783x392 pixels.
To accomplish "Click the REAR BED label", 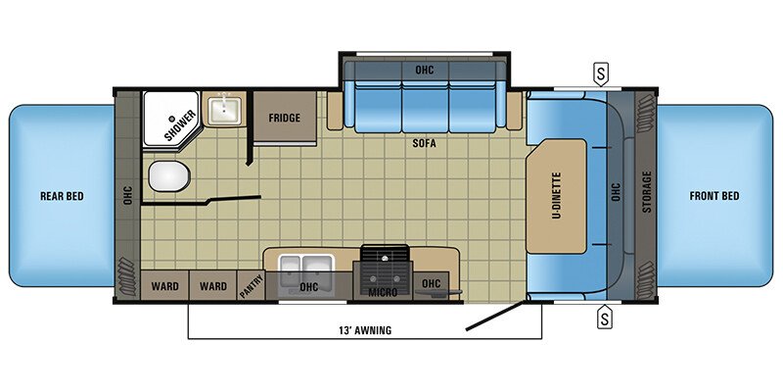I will [62, 196].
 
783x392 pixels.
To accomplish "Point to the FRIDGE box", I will [285, 118].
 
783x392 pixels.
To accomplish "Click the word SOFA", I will [424, 143].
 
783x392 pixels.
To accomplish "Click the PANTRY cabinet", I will [250, 287].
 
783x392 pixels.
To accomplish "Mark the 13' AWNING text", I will [362, 330].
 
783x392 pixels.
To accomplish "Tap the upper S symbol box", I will [605, 73].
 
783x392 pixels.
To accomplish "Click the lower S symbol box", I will [605, 317].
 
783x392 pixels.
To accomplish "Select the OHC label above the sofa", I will [423, 70].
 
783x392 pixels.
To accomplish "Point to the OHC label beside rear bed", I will [126, 194].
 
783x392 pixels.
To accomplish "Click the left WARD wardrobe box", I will [164, 287].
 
